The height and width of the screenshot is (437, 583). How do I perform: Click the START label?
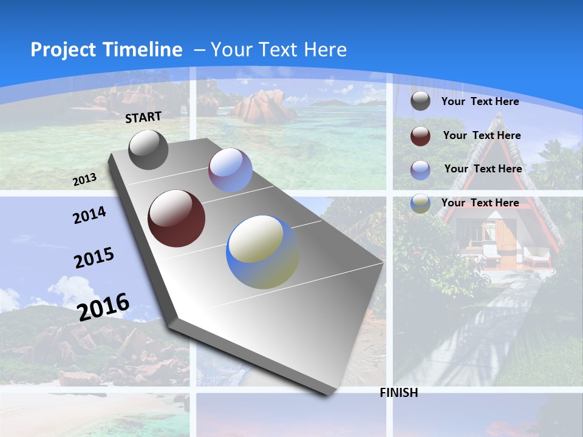(x=143, y=117)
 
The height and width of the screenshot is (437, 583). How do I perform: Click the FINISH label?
(x=399, y=393)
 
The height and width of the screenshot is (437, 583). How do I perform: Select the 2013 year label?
(x=84, y=179)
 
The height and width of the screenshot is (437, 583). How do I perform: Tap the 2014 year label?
(x=89, y=215)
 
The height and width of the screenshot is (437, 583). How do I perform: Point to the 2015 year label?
(x=94, y=258)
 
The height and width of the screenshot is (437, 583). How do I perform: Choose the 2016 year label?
(x=104, y=307)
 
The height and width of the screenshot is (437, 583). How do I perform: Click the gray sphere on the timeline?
(x=148, y=149)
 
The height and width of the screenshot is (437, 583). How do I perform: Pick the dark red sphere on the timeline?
(x=177, y=218)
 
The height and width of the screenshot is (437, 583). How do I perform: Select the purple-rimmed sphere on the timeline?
(x=230, y=170)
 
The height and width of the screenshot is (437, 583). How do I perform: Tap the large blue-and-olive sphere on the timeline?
(x=262, y=252)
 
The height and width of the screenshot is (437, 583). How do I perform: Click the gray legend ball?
(x=420, y=101)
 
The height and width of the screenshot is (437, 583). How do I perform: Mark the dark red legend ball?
(x=420, y=136)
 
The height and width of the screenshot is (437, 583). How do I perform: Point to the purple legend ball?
(x=420, y=170)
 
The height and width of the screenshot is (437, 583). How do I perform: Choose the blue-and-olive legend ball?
(x=420, y=203)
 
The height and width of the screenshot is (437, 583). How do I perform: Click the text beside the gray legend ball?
(x=480, y=101)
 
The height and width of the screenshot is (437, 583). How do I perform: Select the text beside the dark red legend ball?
(x=482, y=135)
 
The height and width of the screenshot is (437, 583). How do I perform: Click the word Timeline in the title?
(x=139, y=50)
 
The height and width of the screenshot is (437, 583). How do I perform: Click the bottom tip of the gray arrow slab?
(x=329, y=394)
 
